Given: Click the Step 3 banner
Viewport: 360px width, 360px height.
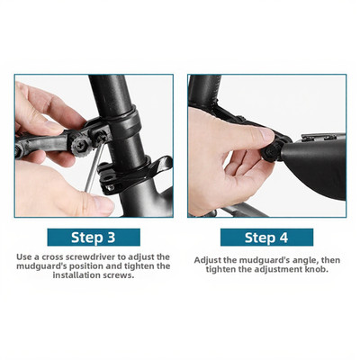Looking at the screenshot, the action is [94, 238].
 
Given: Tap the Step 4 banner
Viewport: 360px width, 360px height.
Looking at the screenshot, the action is [266, 238].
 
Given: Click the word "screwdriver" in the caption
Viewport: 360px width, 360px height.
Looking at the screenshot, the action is [91, 257].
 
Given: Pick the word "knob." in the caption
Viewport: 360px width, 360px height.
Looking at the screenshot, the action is [317, 269].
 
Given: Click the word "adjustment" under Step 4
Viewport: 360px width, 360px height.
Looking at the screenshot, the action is [279, 269].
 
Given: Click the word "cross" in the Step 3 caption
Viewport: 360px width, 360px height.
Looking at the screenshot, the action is [53, 257].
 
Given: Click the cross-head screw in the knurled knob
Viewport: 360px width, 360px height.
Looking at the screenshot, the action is [81, 144].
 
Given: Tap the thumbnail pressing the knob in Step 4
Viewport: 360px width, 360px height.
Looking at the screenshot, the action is [265, 134].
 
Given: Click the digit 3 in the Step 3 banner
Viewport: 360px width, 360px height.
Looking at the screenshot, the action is [110, 238].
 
